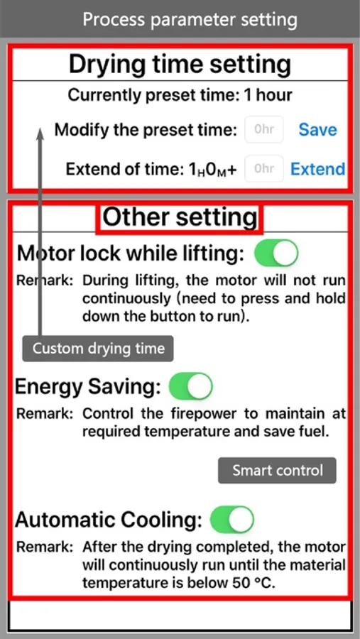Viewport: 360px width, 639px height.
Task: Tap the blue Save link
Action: tap(317, 130)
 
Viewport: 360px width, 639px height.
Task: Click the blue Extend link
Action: tap(317, 169)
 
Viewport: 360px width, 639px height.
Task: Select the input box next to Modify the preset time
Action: tap(263, 130)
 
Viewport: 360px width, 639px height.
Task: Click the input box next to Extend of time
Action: tap(263, 168)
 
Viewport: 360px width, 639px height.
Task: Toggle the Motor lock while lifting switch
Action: tap(276, 253)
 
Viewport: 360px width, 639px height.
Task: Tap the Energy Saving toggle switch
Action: tap(191, 386)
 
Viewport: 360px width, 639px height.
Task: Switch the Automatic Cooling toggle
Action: tap(232, 520)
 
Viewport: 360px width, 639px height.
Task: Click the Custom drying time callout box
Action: tap(98, 349)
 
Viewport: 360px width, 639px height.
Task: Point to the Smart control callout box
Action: tap(277, 470)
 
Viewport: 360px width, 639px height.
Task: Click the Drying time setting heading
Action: tap(180, 65)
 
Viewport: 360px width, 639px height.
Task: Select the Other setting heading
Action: tap(180, 217)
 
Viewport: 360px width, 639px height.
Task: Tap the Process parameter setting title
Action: tap(190, 20)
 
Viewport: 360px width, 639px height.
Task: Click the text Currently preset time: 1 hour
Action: tap(180, 95)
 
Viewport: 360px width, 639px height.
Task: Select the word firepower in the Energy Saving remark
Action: tap(200, 414)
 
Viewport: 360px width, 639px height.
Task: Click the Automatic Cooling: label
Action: tap(109, 520)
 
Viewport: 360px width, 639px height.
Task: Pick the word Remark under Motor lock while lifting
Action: tap(45, 280)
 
